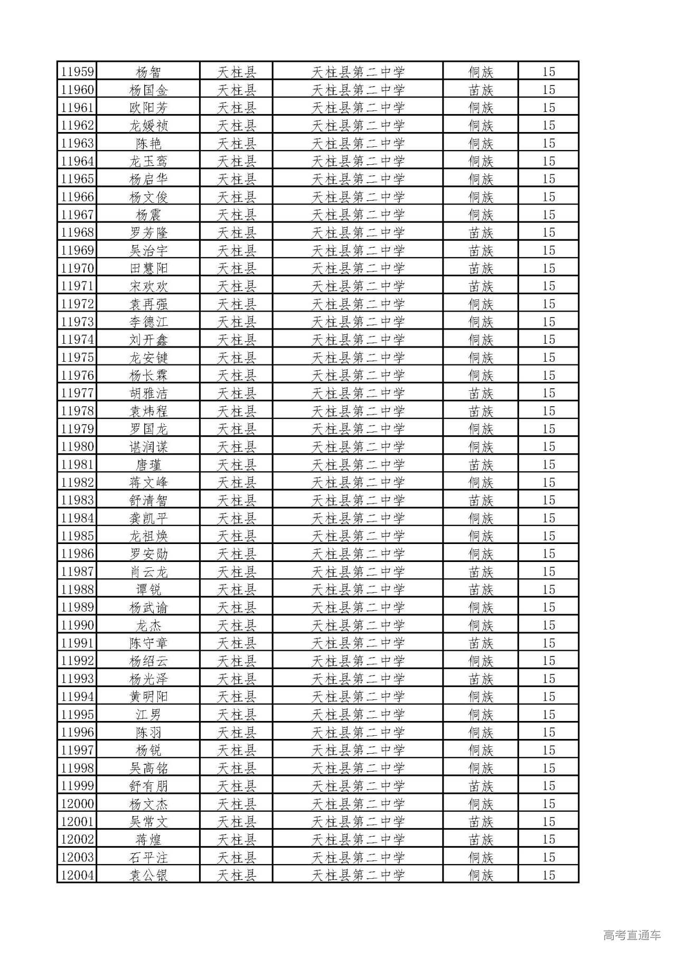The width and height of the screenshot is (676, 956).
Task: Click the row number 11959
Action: point(77,72)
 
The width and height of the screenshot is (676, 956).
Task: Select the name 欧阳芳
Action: point(148,108)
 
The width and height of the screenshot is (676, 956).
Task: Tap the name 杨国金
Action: point(148,90)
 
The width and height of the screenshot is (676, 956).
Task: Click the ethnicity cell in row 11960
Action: point(481,90)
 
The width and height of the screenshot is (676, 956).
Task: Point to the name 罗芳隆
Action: point(148,232)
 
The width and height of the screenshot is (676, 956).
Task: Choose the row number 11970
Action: point(77,268)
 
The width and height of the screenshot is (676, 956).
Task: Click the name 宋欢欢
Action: point(148,286)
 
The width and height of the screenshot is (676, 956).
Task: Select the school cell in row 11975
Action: point(358,358)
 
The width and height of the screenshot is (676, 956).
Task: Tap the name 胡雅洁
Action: point(148,393)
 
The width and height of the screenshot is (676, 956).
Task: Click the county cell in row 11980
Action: point(237,447)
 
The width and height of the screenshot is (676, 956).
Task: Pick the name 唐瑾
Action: point(148,465)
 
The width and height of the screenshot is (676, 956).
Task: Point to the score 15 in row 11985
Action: point(549,536)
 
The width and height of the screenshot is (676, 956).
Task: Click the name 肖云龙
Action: point(148,572)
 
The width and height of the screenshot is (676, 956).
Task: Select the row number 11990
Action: point(77,625)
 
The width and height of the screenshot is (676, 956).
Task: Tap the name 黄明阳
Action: point(148,697)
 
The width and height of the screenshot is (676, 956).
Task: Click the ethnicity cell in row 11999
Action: point(481,786)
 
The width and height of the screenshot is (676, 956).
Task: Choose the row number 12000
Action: point(77,804)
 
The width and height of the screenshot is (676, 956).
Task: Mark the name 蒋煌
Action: point(148,839)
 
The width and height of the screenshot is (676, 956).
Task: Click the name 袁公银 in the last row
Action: point(148,875)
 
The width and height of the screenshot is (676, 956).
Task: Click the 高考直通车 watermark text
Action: point(632,935)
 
